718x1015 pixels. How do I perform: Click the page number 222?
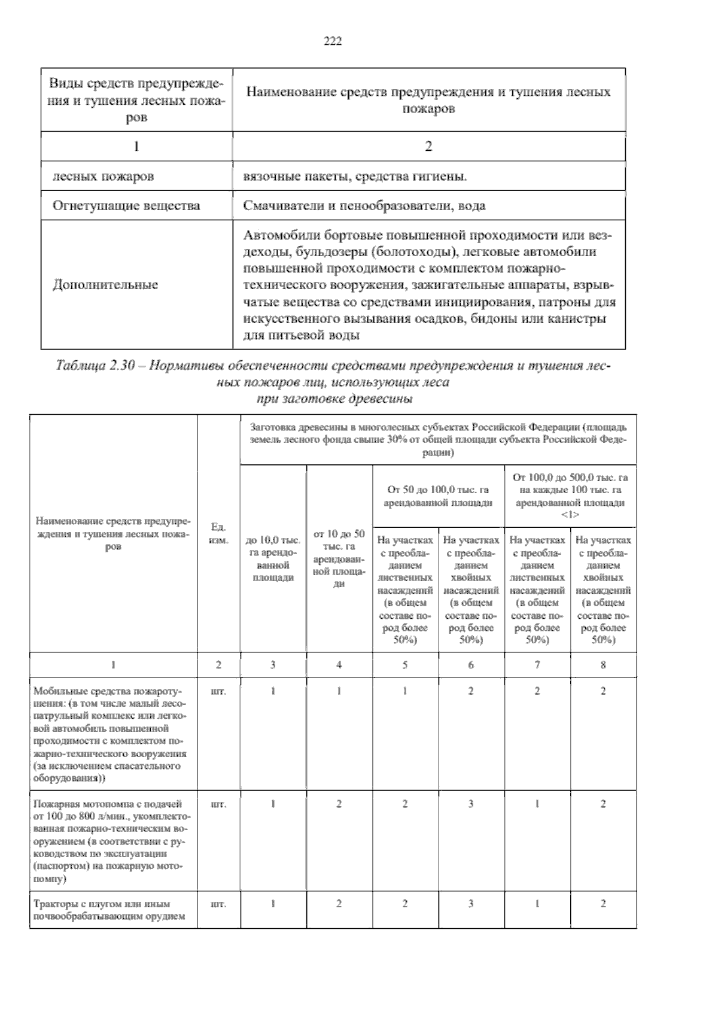coord(333,41)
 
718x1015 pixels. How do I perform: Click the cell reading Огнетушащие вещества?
coord(126,206)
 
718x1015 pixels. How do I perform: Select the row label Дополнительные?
coord(105,285)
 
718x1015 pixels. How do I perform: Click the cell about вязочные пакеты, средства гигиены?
coord(355,177)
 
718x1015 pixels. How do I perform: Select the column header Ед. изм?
coord(218,533)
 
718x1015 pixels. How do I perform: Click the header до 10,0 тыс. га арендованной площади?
coord(273,558)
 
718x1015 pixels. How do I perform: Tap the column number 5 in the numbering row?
coord(405,665)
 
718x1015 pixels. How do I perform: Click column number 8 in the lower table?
coord(603,665)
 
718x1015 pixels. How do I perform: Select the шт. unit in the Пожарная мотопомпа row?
coord(218,804)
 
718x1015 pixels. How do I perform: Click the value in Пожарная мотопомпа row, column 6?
coord(471,804)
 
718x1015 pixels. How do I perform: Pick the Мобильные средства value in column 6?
coord(471,691)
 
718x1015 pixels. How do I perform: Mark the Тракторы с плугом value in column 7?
coord(537,904)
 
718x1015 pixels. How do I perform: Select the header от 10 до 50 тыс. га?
coord(339,558)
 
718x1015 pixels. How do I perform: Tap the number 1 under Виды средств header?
coord(136,146)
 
